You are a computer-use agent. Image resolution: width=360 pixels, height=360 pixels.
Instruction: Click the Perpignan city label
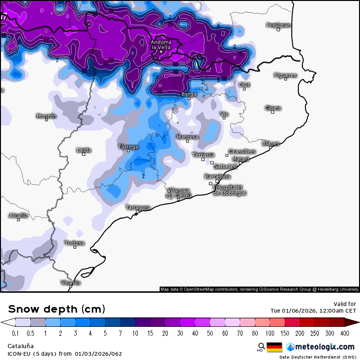coord(279,25)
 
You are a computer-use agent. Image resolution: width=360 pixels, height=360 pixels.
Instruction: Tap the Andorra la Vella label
coord(161,45)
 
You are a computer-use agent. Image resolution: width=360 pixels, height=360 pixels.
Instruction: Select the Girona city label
coord(273,108)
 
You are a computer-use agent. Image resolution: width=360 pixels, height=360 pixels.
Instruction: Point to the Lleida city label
coord(84,150)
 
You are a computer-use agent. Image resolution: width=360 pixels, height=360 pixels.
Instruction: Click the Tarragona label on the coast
coord(138,207)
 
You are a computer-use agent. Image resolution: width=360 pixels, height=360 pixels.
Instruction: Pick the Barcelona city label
coord(217,177)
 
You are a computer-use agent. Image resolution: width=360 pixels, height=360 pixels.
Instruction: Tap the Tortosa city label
coord(75,243)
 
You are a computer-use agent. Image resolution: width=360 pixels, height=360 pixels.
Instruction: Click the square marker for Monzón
coord(46,120)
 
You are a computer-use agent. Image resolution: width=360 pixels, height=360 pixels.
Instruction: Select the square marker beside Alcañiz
coord(18,220)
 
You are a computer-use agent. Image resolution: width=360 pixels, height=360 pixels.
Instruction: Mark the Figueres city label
coord(285,75)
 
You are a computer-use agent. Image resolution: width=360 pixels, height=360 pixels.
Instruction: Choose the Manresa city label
coord(187,137)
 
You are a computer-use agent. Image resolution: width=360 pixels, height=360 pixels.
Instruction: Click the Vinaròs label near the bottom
coord(71,282)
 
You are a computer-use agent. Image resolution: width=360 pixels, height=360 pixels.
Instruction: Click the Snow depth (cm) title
coord(56,309)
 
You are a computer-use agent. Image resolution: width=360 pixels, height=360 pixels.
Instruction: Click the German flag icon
coord(274,347)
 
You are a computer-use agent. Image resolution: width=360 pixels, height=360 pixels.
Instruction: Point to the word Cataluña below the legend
coord(20,346)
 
